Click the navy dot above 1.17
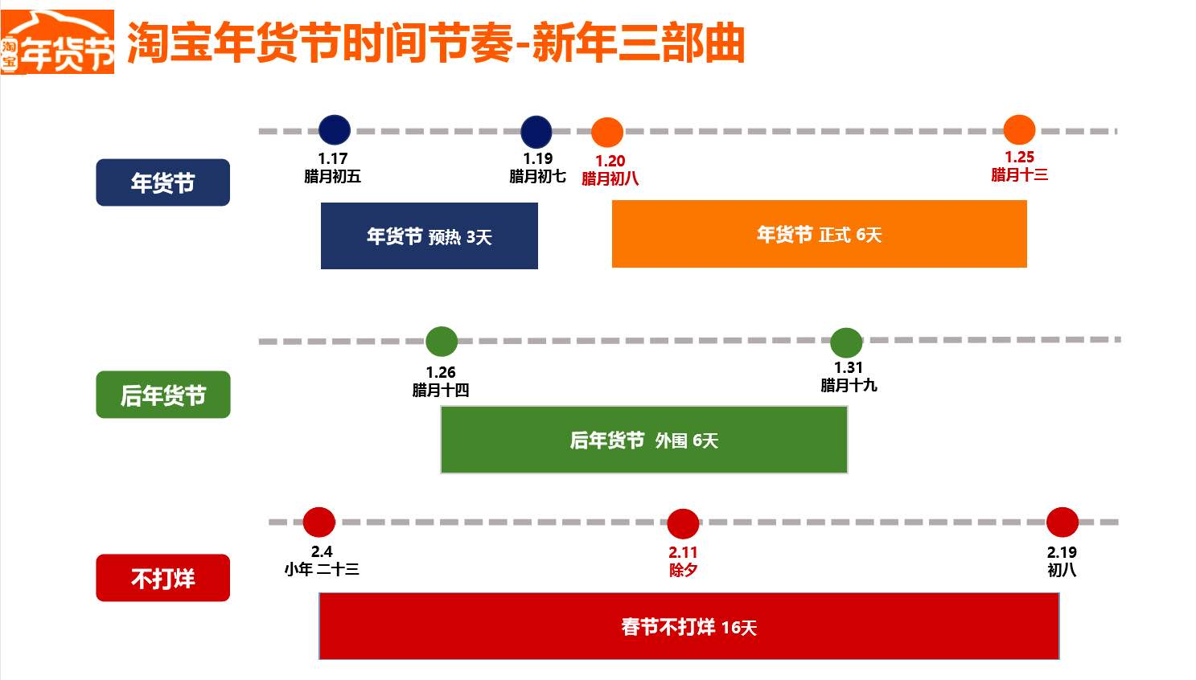335,130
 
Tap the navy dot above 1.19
536,132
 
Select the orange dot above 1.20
607,133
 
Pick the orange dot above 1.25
1019,130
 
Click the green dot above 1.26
442,342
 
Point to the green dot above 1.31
846,343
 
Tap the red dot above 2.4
319,522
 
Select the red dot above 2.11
683,524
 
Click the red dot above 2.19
1062,522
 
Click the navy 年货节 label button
162,182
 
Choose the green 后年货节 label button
162,395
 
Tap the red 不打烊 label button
162,578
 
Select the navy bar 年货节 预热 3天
429,236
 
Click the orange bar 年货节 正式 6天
819,234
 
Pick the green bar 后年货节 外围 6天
643,440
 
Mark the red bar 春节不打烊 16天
688,626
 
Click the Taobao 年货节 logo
58,43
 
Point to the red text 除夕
683,570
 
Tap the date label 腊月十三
1019,174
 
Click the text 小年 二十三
322,569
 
